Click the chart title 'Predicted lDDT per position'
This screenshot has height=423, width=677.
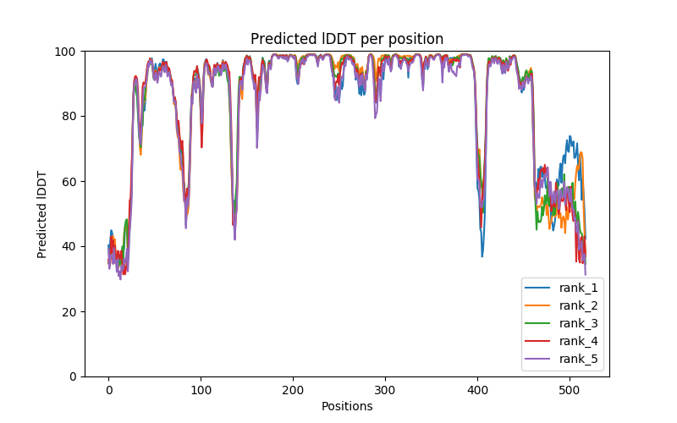point(347,39)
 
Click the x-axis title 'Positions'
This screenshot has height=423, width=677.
point(347,406)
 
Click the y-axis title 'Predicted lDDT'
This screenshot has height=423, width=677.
point(42,214)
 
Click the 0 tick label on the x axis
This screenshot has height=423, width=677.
point(108,389)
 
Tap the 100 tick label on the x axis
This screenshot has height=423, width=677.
point(201,389)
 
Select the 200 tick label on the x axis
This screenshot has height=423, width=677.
point(293,389)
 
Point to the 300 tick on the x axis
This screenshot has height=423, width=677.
point(385,389)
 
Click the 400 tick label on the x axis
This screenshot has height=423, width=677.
point(477,389)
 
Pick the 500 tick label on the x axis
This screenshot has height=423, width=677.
point(570,389)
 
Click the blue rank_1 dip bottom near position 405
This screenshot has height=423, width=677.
point(482,256)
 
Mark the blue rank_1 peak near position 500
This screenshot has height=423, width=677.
point(570,136)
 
